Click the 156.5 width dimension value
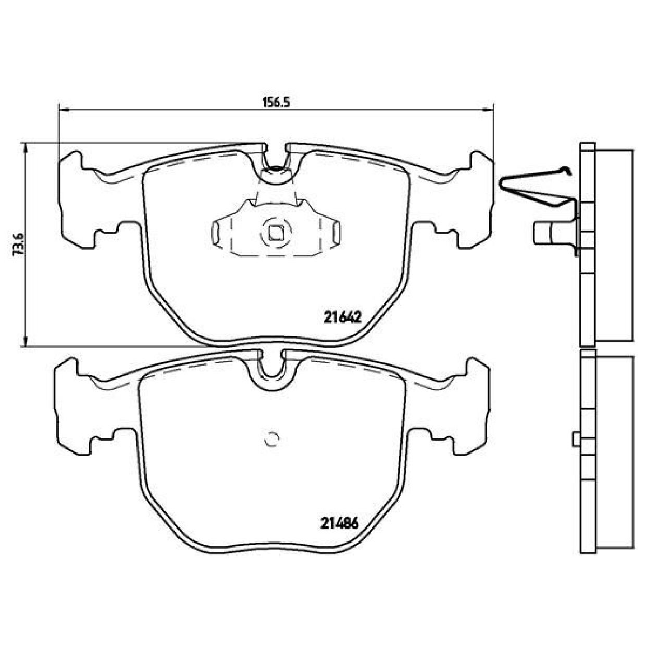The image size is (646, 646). (x=275, y=102)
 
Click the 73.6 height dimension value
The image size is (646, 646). (x=18, y=244)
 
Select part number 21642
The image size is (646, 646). (x=343, y=317)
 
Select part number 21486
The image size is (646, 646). (x=340, y=533)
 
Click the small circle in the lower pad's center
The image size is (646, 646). (x=272, y=438)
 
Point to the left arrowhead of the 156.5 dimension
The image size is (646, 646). (x=64, y=108)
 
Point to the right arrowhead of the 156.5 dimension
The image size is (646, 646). (x=488, y=108)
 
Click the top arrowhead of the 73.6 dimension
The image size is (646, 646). (x=25, y=148)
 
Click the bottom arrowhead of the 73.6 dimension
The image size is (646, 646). (x=25, y=341)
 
